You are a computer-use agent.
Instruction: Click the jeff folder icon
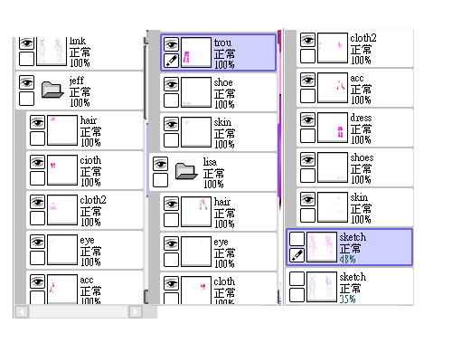[52, 90]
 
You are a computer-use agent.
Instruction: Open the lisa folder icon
[186, 171]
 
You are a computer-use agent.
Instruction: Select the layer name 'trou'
[223, 43]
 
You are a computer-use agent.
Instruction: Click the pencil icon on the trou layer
[171, 61]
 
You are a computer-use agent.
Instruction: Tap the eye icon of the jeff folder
[26, 82]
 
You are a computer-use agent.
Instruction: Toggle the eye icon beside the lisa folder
[160, 164]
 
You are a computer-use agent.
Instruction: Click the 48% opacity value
[347, 259]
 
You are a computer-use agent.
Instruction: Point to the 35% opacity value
[347, 299]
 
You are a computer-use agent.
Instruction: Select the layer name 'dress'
[361, 118]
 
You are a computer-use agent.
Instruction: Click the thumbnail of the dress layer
[333, 128]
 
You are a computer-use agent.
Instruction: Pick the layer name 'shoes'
[362, 157]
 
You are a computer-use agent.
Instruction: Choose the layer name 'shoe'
[223, 82]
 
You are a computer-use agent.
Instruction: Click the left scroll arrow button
[22, 311]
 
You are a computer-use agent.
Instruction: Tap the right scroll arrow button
[136, 311]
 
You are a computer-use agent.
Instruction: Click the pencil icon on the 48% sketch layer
[297, 255]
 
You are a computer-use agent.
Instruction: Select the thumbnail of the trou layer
[196, 52]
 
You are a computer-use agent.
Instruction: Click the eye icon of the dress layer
[307, 119]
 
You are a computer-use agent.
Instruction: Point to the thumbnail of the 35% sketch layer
[322, 287]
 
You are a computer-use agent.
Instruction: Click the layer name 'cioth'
[90, 160]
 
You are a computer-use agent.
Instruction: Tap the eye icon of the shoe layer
[171, 84]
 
